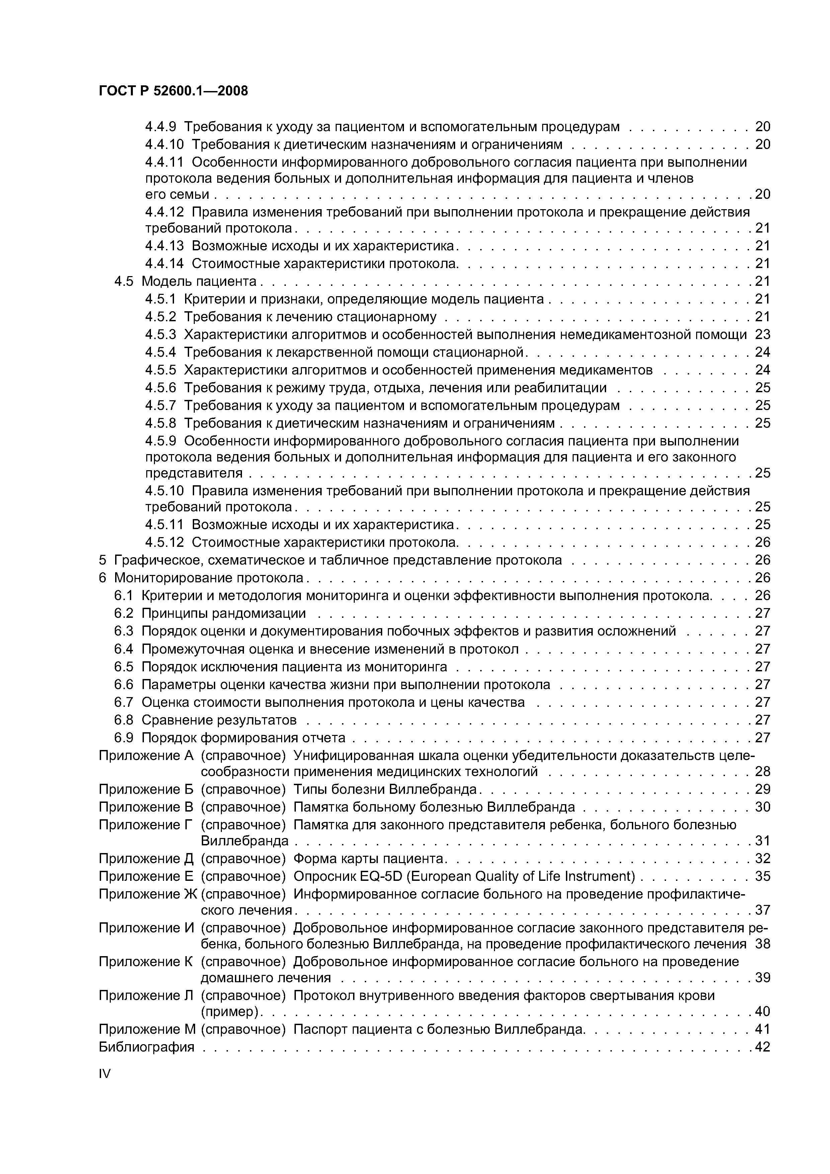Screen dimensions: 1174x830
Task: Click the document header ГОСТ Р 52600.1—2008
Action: (173, 91)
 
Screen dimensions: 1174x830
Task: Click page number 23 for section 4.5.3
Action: (762, 334)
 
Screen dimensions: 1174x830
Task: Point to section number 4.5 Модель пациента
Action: (124, 281)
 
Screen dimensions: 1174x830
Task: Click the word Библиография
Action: (146, 1047)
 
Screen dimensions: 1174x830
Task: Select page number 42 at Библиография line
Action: (762, 1047)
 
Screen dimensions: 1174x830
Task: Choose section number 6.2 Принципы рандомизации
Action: (124, 613)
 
